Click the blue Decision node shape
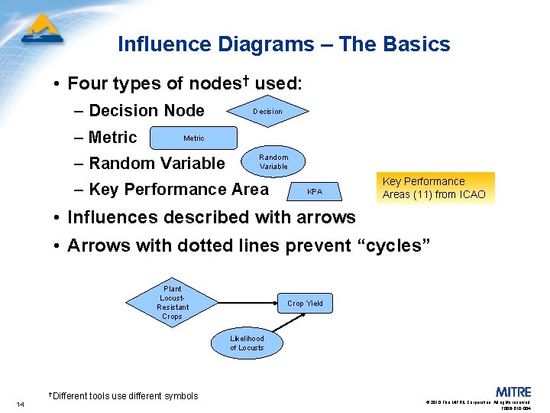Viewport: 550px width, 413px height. click(x=268, y=112)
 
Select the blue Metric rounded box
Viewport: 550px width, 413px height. click(x=193, y=138)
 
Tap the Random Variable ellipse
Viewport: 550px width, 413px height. click(x=273, y=162)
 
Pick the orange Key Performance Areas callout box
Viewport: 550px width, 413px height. click(x=434, y=187)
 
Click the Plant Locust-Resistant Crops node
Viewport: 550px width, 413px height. click(x=172, y=303)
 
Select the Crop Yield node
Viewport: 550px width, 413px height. click(x=305, y=304)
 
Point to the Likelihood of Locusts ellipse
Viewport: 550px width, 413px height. click(x=247, y=343)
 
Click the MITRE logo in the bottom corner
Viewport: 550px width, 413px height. click(x=513, y=392)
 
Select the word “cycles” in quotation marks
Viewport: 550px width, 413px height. click(x=397, y=246)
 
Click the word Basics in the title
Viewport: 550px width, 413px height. click(x=416, y=44)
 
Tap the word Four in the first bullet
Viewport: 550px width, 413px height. click(x=86, y=83)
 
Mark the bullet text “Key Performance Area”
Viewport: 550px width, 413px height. click(x=179, y=189)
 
